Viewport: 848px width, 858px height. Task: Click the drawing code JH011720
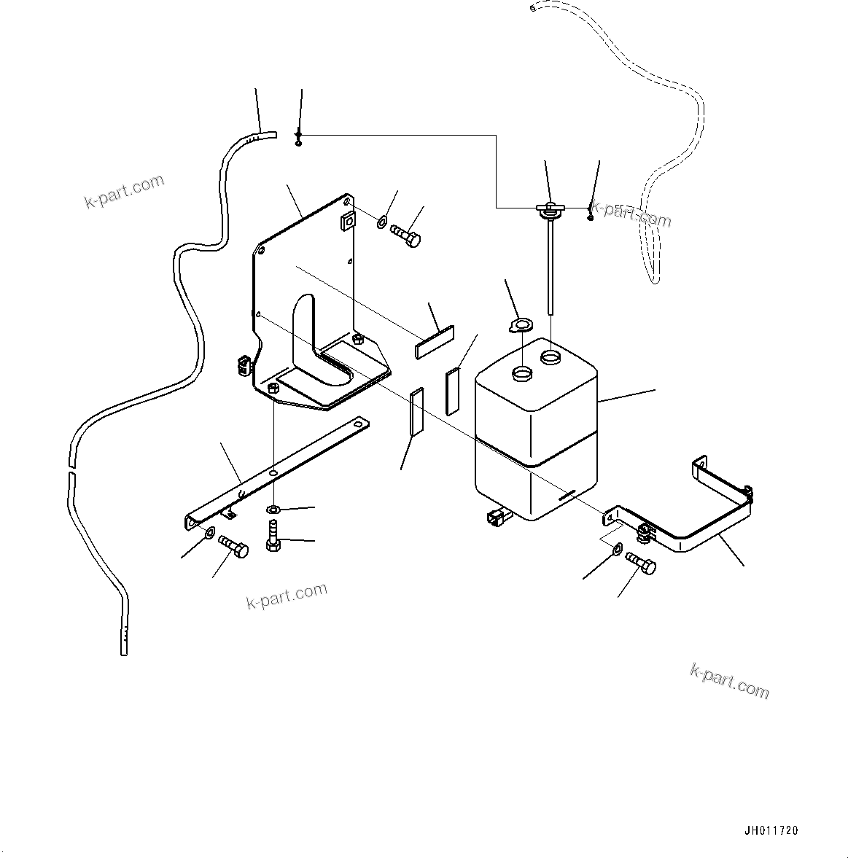[771, 830]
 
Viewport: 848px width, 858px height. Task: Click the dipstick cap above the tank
[548, 210]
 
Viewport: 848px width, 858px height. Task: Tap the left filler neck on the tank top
[523, 375]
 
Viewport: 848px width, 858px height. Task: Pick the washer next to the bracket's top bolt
[383, 221]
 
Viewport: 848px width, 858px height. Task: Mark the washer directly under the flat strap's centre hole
[273, 508]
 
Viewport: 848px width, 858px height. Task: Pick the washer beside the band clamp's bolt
[618, 548]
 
